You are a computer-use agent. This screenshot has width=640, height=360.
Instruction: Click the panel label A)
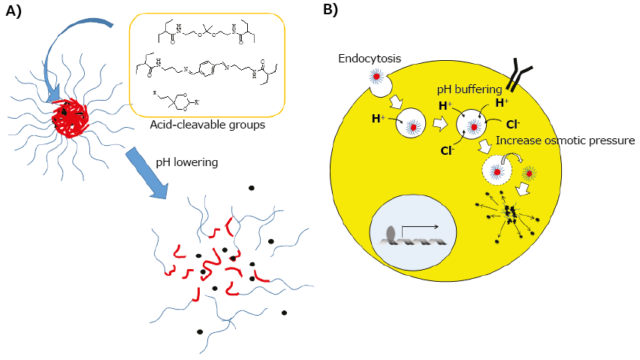click(17, 11)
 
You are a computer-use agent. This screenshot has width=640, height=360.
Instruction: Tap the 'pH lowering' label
click(186, 161)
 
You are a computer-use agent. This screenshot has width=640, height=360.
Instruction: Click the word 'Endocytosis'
click(369, 58)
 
